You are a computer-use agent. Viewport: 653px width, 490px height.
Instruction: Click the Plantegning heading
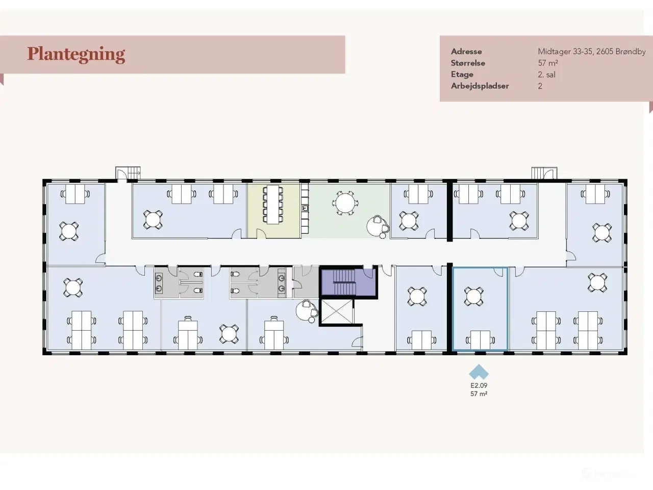pyautogui.click(x=76, y=55)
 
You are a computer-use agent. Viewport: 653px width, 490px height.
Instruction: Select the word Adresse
pyautogui.click(x=466, y=52)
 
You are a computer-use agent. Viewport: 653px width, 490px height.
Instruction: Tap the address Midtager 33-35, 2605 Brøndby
pyautogui.click(x=592, y=52)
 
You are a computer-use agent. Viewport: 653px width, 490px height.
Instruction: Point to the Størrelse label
pyautogui.click(x=468, y=63)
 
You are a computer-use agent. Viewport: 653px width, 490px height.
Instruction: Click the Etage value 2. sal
pyautogui.click(x=546, y=75)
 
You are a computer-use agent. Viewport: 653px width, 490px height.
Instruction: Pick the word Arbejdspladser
pyautogui.click(x=480, y=86)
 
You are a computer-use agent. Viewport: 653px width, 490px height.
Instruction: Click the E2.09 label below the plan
pyautogui.click(x=479, y=385)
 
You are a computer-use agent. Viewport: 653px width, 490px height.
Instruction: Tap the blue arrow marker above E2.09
pyautogui.click(x=479, y=372)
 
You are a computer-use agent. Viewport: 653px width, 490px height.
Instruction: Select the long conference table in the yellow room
pyautogui.click(x=273, y=205)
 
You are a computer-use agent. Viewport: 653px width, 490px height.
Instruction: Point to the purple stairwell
pyautogui.click(x=348, y=282)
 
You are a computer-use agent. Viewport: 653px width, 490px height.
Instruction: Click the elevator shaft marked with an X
pyautogui.click(x=337, y=311)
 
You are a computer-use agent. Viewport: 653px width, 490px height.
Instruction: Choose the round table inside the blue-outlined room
pyautogui.click(x=473, y=297)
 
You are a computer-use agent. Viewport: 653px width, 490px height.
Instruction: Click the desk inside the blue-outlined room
pyautogui.click(x=481, y=340)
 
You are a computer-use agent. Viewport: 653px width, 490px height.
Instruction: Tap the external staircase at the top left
pyautogui.click(x=128, y=173)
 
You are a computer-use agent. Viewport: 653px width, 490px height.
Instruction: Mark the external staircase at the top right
pyautogui.click(x=544, y=174)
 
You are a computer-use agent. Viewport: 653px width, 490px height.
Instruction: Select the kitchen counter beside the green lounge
pyautogui.click(x=305, y=208)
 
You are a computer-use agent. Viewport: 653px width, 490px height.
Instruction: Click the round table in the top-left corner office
pyautogui.click(x=69, y=231)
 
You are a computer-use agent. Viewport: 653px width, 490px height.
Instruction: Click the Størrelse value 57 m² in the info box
pyautogui.click(x=548, y=63)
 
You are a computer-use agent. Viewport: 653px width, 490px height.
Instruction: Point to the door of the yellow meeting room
pyautogui.click(x=261, y=234)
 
